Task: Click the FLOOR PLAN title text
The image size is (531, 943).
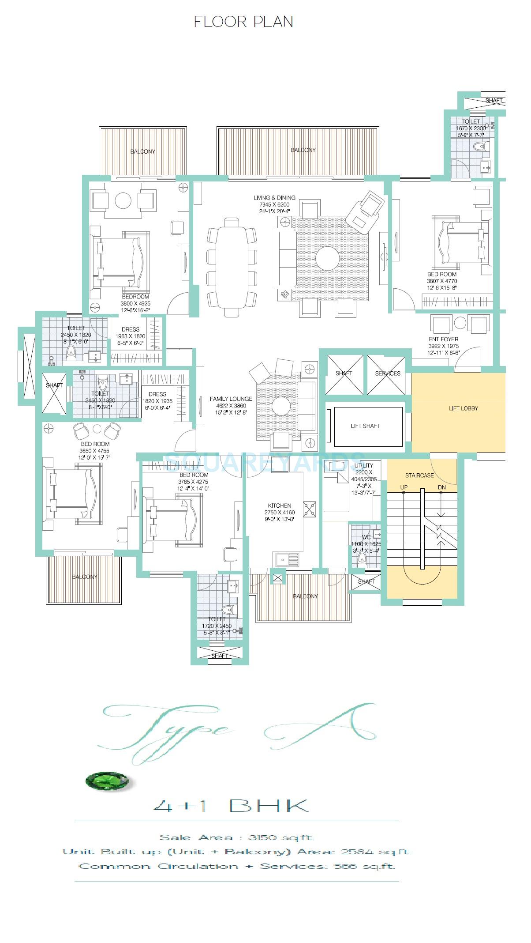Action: coord(243,22)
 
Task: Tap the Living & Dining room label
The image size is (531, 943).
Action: coord(274,197)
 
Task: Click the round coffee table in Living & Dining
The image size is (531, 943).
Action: coord(328,258)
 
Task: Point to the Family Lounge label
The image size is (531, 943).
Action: coord(231,399)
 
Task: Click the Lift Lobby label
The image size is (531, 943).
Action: coord(463,408)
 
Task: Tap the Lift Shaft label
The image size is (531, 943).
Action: coord(365,426)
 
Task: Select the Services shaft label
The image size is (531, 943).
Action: coord(388,373)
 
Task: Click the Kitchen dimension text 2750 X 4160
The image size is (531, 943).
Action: coord(280,513)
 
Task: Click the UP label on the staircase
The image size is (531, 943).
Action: coord(404,487)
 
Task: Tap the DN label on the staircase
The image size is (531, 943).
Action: coord(441,487)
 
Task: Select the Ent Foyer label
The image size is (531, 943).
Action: coord(443,339)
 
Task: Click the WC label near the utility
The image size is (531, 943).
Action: coord(366,537)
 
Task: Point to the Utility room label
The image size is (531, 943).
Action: coord(364,465)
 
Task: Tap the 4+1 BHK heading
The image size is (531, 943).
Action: coord(231,806)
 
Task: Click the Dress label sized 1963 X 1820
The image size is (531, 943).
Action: coord(130,329)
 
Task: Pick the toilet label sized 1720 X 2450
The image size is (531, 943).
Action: coord(217,619)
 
